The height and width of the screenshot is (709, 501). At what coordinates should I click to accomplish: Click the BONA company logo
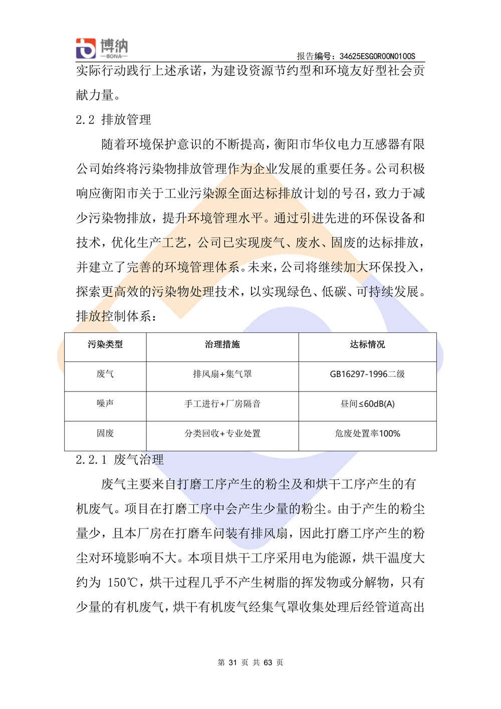[x=102, y=48]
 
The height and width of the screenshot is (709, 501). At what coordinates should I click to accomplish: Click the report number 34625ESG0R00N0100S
[x=377, y=56]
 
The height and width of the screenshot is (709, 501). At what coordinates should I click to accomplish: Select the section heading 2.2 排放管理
[x=113, y=120]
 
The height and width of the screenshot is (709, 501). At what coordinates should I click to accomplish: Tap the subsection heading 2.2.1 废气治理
[x=120, y=460]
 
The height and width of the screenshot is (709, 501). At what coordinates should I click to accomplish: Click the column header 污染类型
[x=105, y=344]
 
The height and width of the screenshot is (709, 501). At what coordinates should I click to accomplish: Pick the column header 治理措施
[x=222, y=344]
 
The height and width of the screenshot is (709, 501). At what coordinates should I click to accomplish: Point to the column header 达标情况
[x=367, y=344]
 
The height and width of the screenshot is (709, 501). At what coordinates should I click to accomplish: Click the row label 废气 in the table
[x=105, y=374]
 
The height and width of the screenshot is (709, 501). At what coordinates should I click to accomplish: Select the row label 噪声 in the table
[x=105, y=404]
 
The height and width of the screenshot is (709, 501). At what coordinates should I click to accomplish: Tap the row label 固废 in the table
[x=105, y=433]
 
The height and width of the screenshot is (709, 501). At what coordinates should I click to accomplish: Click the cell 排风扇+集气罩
[x=222, y=374]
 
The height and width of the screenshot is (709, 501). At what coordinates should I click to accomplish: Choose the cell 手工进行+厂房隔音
[x=222, y=404]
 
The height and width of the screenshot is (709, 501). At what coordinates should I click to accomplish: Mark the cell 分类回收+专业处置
[x=222, y=433]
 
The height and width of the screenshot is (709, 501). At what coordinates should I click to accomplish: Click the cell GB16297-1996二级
[x=367, y=374]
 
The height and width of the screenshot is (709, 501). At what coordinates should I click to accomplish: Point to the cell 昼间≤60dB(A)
[x=367, y=404]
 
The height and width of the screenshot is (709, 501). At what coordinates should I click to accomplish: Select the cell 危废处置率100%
[x=367, y=433]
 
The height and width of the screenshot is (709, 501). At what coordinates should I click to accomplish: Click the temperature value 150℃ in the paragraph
[x=123, y=583]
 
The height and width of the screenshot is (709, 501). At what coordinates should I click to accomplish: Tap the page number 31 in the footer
[x=232, y=662]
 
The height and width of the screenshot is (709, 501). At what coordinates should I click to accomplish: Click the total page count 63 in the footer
[x=268, y=662]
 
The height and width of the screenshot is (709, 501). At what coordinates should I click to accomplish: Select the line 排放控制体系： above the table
[x=117, y=316]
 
